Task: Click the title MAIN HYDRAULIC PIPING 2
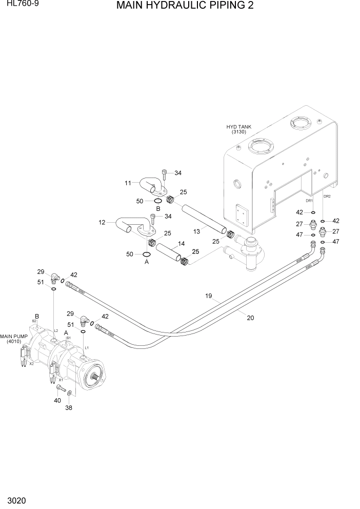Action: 185,6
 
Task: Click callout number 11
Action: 128,183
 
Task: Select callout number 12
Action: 102,222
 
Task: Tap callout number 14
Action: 181,243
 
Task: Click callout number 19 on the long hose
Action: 209,296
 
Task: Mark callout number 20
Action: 250,318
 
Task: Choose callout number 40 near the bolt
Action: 57,400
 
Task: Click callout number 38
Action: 69,408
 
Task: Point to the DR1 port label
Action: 309,201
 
